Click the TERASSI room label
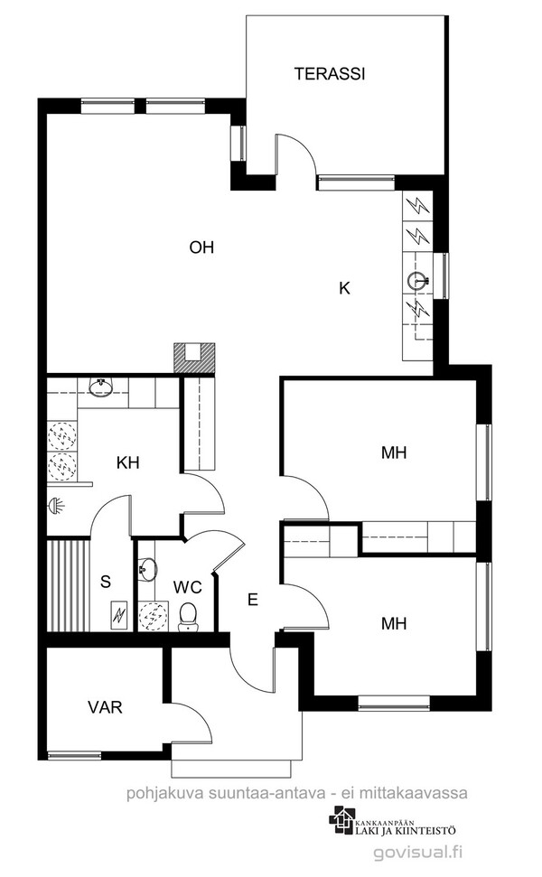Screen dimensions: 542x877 tap(330, 74)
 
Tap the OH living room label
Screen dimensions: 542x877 tap(202, 247)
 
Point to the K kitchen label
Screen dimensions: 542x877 tap(344, 288)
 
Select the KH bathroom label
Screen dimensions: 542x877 tap(128, 463)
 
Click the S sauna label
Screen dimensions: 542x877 tap(106, 582)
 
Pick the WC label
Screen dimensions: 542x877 tap(187, 587)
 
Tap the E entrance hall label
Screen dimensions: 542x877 tap(253, 600)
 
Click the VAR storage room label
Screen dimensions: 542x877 tap(105, 707)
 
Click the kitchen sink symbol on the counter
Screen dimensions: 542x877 tap(418, 281)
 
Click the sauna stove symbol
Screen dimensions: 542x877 tap(118, 616)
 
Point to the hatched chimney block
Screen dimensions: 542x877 tap(194, 358)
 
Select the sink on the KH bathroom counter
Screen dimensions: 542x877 tap(100, 387)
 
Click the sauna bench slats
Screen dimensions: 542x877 tap(68, 585)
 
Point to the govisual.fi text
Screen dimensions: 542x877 tap(419, 852)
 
